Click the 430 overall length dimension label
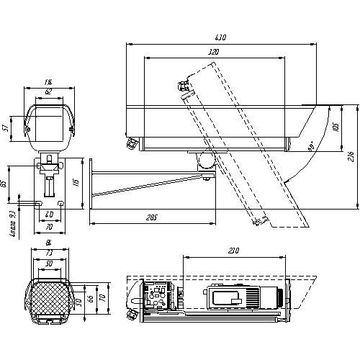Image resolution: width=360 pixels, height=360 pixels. tap(220, 38)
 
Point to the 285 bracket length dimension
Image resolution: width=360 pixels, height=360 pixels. tap(150, 217)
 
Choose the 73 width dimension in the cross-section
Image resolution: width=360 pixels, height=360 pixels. tap(49, 254)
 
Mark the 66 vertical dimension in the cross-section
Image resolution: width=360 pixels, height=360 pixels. tap(89, 297)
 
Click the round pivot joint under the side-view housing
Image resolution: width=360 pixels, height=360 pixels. tap(207, 158)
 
